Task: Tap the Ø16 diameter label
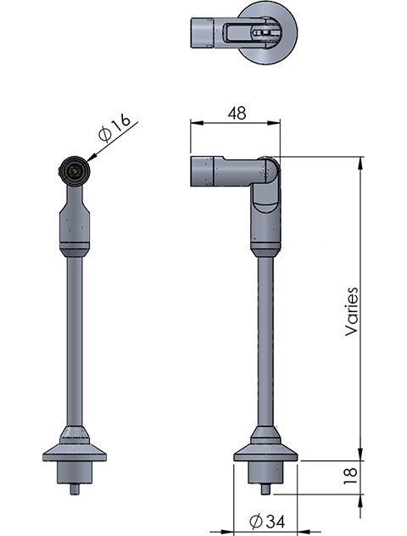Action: click(x=114, y=129)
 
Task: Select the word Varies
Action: click(x=353, y=311)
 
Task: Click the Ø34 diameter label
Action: click(x=266, y=518)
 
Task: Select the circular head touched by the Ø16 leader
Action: click(x=74, y=171)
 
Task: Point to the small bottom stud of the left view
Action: click(x=75, y=487)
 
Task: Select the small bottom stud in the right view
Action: click(x=266, y=487)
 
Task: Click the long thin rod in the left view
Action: click(x=75, y=339)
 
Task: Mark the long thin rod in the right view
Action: click(x=266, y=339)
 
